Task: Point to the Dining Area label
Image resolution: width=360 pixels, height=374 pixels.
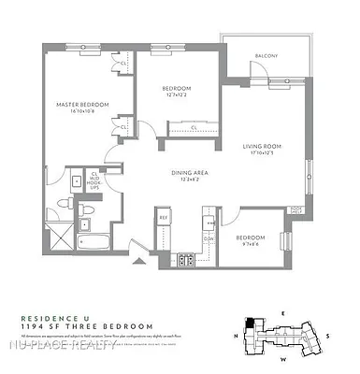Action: click(188, 172)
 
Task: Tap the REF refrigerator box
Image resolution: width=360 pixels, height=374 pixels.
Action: click(163, 218)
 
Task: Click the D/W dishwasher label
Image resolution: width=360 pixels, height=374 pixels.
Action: click(209, 237)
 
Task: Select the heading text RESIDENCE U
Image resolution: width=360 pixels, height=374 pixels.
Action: click(51, 316)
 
